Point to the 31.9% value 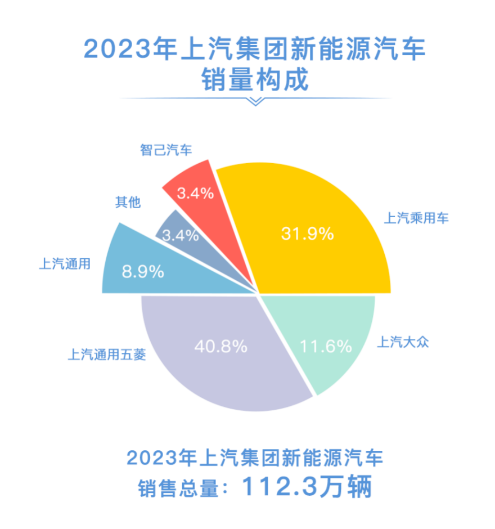tap(308, 234)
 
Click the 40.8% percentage tap(221, 346)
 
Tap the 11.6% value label tap(325, 346)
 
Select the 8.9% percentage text tap(143, 272)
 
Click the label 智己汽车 tap(166, 150)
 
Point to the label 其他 tap(128, 202)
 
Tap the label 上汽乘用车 tap(416, 218)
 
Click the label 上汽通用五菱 tap(107, 355)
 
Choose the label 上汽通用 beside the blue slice tap(64, 263)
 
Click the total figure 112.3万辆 tap(307, 487)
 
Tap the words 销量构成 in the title tap(255, 80)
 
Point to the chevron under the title tap(256, 101)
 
